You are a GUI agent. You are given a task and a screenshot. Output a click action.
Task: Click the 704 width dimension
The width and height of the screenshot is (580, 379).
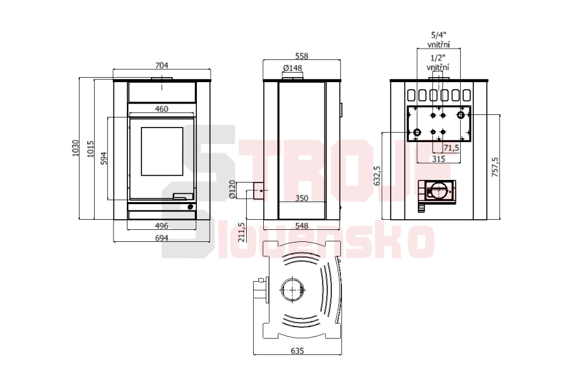point(162,66)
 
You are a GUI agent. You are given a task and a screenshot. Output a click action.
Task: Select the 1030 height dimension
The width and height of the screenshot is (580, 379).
point(76,148)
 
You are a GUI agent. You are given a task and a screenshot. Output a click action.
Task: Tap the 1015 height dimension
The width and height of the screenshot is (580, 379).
point(91,149)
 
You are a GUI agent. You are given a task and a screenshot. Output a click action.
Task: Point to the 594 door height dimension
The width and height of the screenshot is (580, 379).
point(104,159)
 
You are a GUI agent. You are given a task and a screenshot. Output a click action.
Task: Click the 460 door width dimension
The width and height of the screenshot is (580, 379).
point(162,109)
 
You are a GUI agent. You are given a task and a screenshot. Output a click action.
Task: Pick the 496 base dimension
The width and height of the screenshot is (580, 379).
point(162,226)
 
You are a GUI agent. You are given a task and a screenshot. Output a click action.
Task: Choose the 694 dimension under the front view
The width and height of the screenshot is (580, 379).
point(162,238)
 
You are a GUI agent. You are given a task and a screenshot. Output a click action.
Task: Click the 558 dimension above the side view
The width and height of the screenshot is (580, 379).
point(302,56)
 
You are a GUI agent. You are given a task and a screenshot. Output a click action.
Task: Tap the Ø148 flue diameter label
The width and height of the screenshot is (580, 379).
point(293,68)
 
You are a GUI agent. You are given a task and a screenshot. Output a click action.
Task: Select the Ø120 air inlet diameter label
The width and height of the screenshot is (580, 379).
point(232,189)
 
